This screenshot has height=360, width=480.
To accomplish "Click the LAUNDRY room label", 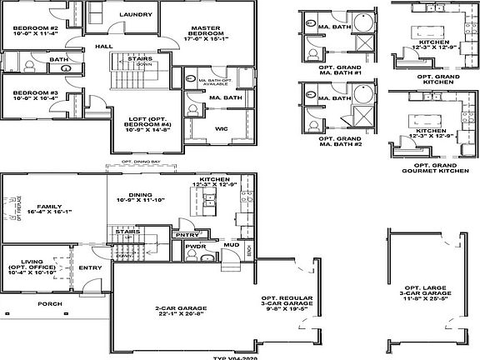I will (x=134, y=15).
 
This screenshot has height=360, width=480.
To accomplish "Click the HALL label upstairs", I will (x=103, y=47).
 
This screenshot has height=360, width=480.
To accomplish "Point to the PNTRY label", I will (x=187, y=235).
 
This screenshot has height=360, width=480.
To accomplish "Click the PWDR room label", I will (x=196, y=247).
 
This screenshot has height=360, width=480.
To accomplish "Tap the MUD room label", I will (x=233, y=245).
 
